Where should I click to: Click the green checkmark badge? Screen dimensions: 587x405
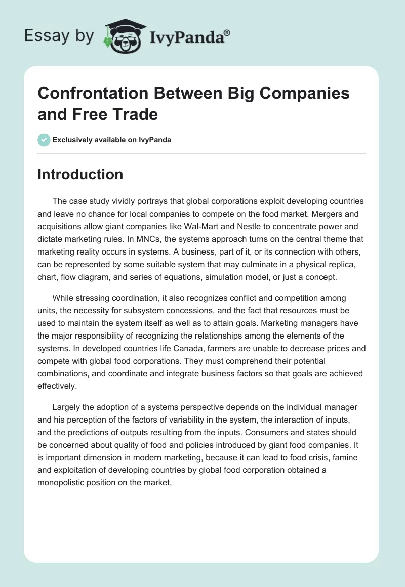pos(44,140)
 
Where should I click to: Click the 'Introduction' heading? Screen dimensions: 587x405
pos(80,174)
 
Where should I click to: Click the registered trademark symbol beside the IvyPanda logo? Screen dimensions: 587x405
pos(228,32)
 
